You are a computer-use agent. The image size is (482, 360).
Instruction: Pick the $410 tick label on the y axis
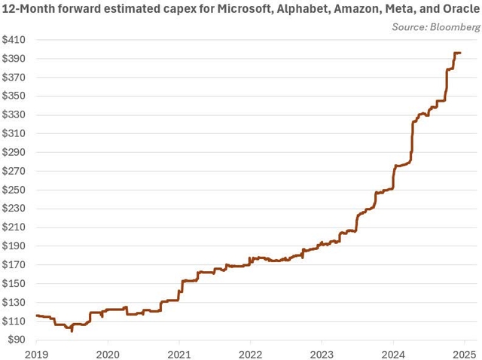14,40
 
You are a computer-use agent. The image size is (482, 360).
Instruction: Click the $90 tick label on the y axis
17,340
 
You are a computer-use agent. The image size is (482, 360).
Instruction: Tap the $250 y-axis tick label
14,190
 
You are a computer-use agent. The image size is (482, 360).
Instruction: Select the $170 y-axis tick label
14,265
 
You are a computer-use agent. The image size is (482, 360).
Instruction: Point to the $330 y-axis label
14,115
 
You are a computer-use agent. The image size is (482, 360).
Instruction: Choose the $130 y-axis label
14,303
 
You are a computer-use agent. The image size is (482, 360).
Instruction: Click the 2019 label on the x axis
37,353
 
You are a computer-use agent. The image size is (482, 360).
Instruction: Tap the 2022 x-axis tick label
250,353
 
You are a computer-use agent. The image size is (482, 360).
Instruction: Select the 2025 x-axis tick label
464,353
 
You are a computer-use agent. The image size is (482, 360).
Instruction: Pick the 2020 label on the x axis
108,353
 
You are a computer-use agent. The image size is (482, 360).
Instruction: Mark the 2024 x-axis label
393,353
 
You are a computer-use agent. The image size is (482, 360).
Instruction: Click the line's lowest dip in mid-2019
72,330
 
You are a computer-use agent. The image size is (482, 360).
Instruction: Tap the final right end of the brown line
460,53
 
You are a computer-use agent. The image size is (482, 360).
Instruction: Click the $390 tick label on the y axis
14,59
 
